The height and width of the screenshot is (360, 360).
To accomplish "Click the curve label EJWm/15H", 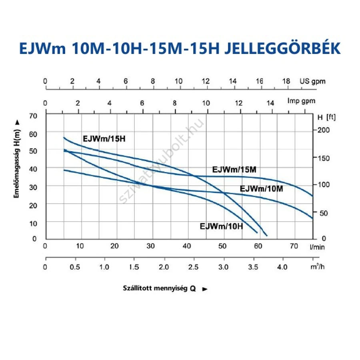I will pyautogui.click(x=106, y=139).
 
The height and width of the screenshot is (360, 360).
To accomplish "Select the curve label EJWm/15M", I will pyautogui.click(x=234, y=170).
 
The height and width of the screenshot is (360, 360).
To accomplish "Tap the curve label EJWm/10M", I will pyautogui.click(x=261, y=188).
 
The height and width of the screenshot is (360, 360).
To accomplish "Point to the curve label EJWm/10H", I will pyautogui.click(x=221, y=226).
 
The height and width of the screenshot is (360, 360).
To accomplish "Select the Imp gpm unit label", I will pyautogui.click(x=301, y=101).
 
